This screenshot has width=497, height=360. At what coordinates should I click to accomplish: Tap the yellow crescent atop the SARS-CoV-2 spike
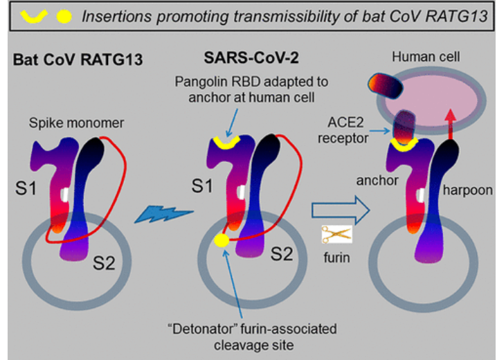pos(227,143)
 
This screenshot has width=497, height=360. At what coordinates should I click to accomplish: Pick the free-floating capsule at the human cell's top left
pos(390,85)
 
